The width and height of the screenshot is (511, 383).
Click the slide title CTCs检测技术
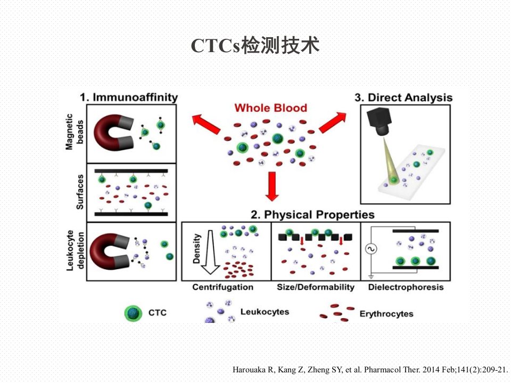[x=255, y=45]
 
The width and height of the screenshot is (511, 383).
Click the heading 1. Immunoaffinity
[x=129, y=97]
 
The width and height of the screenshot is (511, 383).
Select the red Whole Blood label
[x=271, y=108]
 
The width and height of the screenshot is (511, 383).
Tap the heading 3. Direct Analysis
[x=403, y=97]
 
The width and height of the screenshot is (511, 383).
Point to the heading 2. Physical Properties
[x=312, y=214]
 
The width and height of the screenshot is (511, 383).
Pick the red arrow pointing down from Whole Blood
[x=272, y=186]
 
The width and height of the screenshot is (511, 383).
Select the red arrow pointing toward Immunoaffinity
[x=206, y=124]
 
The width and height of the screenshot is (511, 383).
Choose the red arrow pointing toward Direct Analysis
[x=332, y=122]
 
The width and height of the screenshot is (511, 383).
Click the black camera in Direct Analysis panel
[x=380, y=121]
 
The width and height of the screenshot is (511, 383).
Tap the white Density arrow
[x=210, y=252]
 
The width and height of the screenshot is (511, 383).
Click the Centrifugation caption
[x=223, y=287]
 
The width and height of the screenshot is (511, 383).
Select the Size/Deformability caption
[x=316, y=287]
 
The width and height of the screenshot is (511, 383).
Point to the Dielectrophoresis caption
[x=406, y=287]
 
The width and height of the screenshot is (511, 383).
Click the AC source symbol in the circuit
[x=370, y=249]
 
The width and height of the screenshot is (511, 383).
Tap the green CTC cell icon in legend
[x=133, y=313]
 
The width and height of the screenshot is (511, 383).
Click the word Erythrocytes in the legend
[x=386, y=314]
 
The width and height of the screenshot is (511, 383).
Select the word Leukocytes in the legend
[x=265, y=312]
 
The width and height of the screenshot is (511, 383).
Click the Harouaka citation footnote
[x=370, y=370]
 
